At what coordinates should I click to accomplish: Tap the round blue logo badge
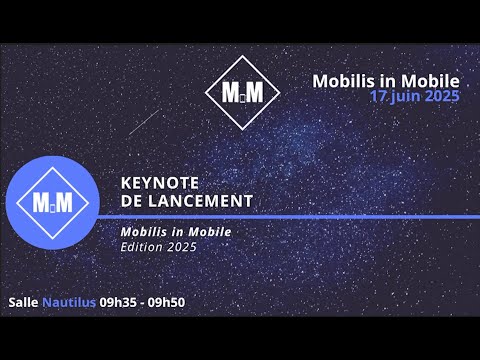pos(53,203)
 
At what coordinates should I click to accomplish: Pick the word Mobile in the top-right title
pos(431,80)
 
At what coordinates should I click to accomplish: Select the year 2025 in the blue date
pos(441,97)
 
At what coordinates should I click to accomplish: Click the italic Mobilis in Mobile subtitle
pos(175,232)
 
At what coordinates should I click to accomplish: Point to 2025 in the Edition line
pos(183,246)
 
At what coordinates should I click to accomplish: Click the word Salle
pos(23,301)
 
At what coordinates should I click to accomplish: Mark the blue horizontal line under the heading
pos(290,216)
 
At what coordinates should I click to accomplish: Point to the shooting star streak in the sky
pos(144,122)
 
